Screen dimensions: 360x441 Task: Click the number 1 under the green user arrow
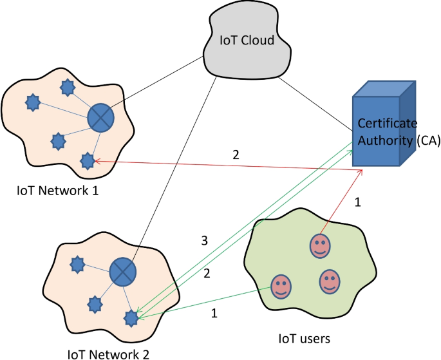214,314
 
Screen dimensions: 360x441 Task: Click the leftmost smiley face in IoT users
280,286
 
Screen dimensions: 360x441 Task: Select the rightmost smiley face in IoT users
329,280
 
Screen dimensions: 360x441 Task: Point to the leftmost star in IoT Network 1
32,101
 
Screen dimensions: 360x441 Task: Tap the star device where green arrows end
132,316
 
